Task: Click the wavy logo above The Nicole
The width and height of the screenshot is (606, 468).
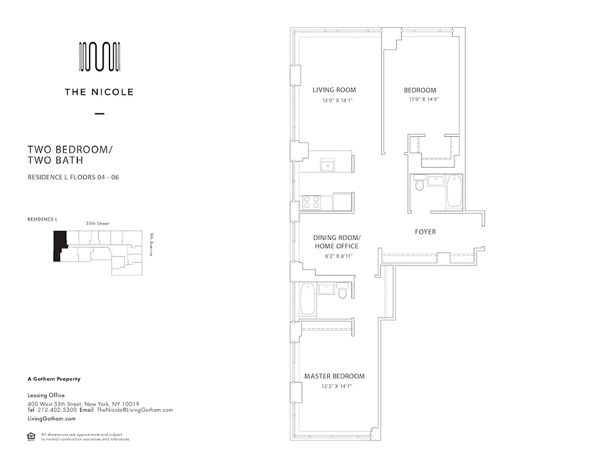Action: pos(100,57)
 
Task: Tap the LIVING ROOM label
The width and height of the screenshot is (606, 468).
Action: pos(334,90)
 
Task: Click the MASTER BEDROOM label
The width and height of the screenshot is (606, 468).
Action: pos(334,376)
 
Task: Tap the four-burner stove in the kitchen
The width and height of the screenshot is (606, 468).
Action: pos(311,202)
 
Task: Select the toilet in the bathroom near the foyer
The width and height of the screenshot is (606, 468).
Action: pos(419,185)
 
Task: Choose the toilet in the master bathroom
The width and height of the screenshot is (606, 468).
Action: pos(343,291)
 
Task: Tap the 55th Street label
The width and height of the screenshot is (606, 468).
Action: pos(98,223)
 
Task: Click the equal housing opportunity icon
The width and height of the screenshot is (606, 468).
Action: pos(31,436)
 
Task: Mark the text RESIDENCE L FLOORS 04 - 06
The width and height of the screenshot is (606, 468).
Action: pos(73,177)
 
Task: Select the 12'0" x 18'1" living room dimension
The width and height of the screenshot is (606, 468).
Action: pos(338,100)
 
